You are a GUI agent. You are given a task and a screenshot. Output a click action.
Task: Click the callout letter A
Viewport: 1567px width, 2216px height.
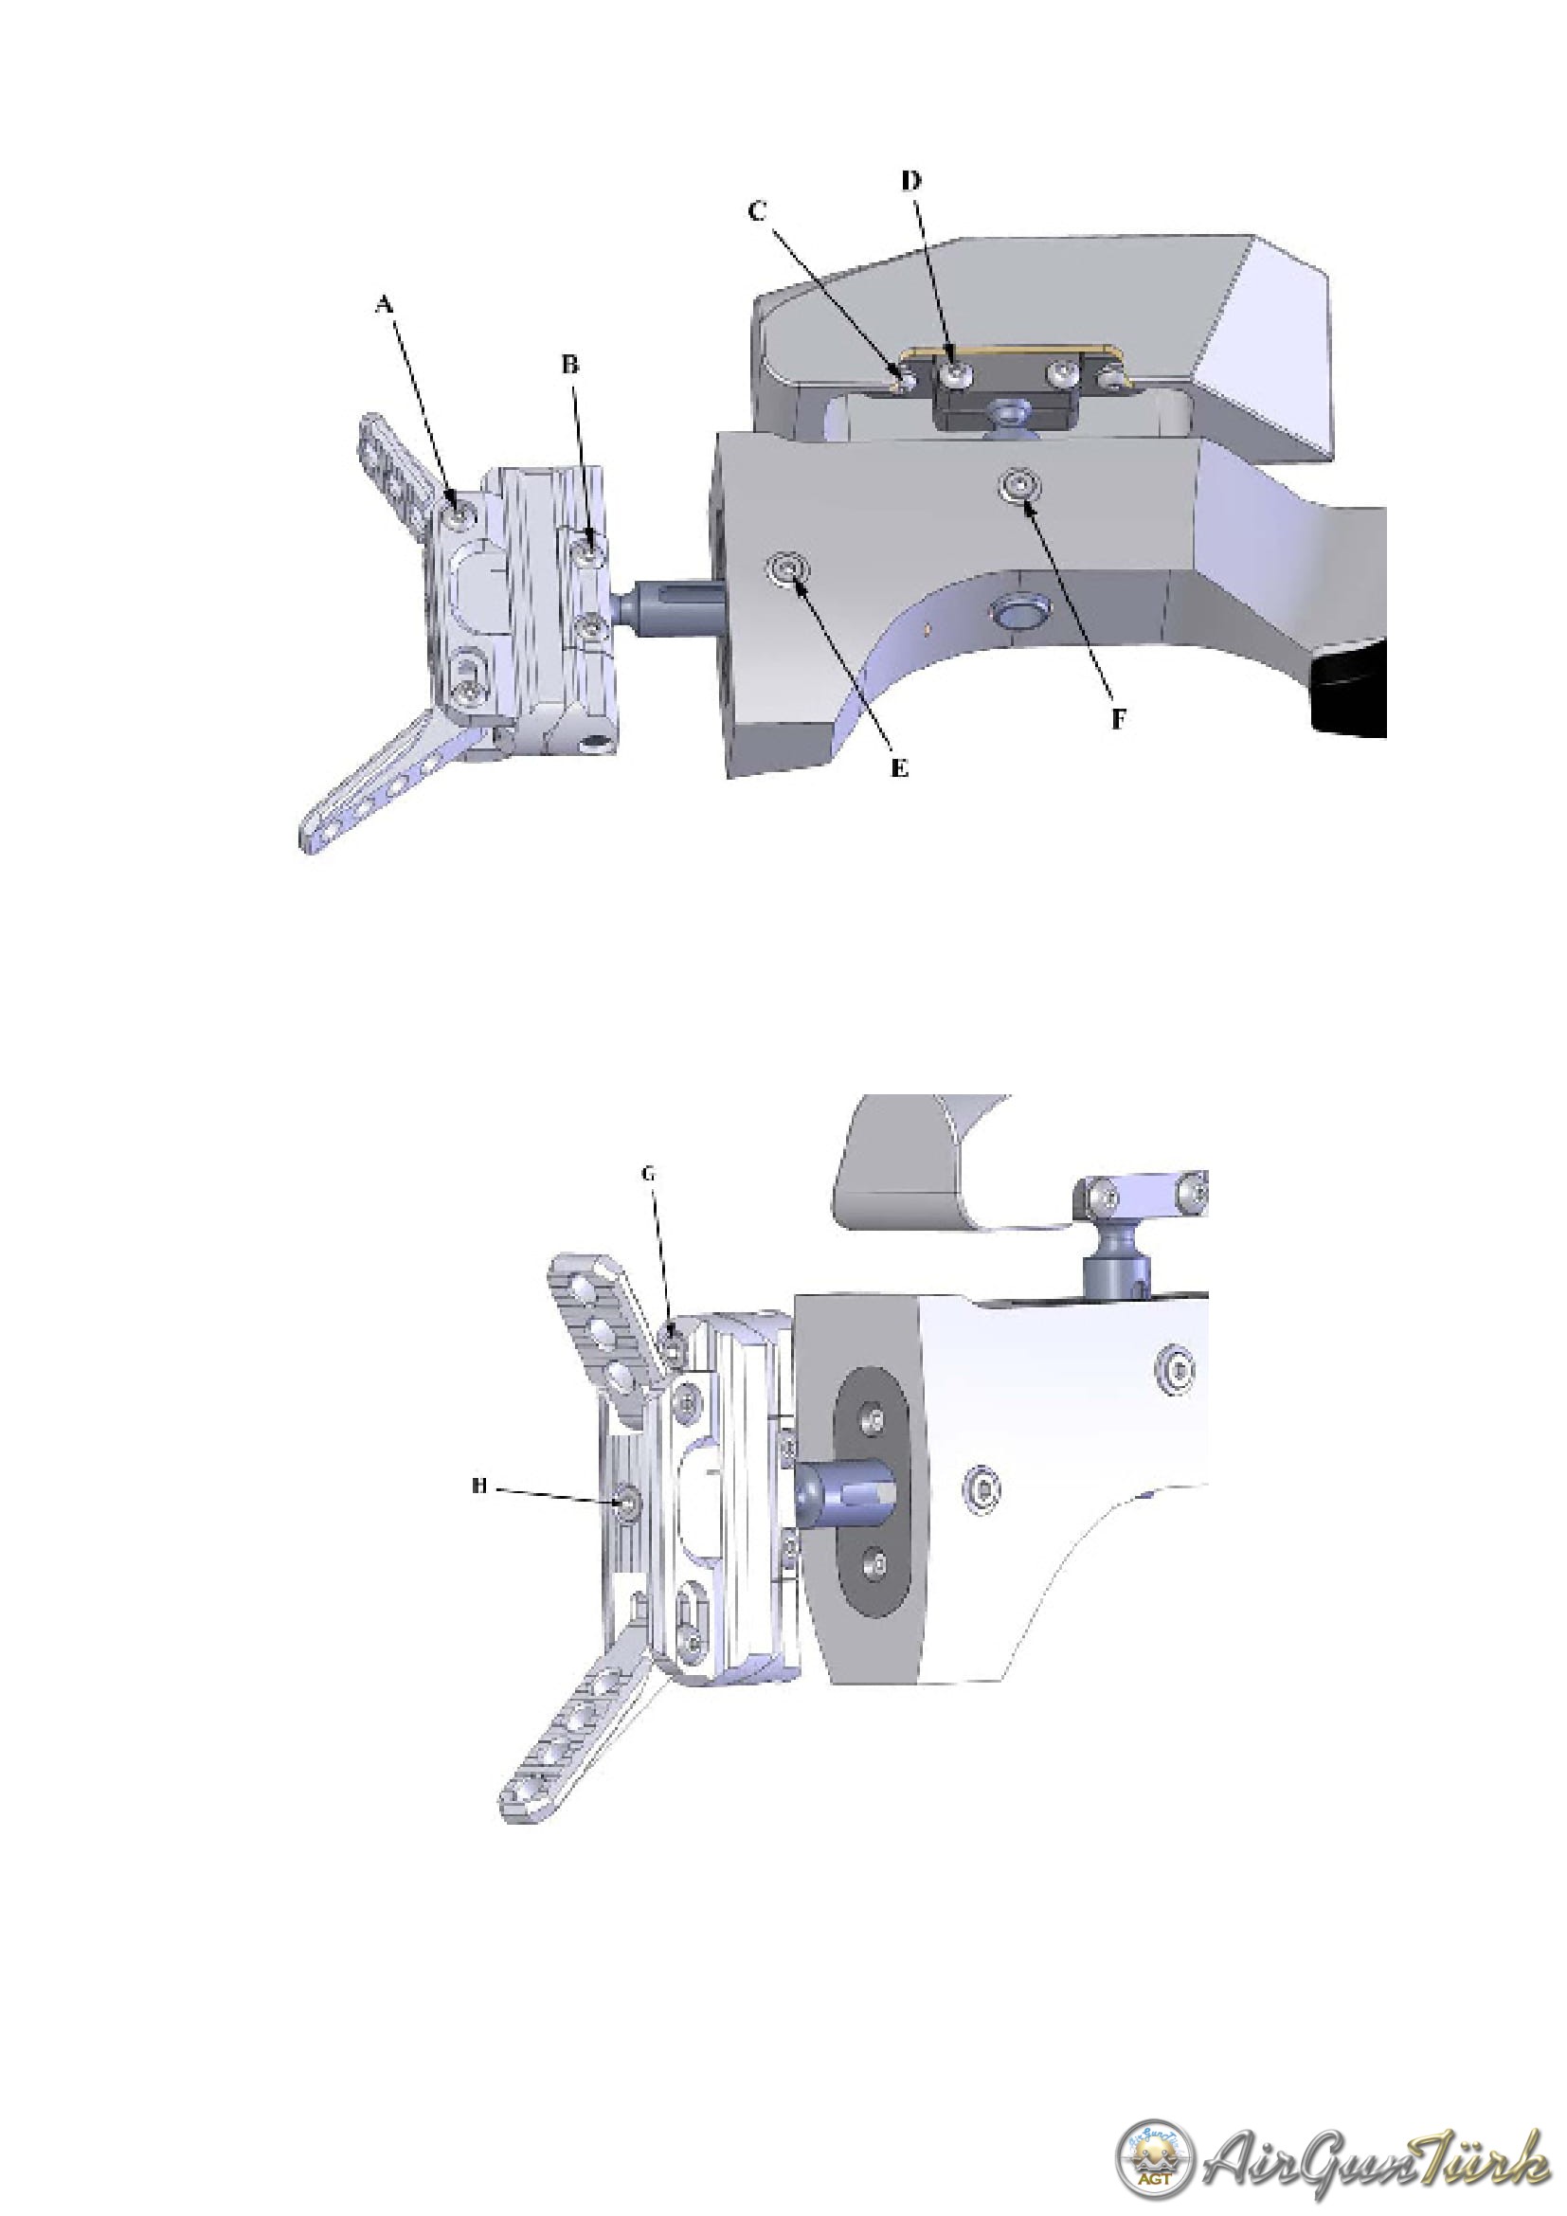(x=384, y=304)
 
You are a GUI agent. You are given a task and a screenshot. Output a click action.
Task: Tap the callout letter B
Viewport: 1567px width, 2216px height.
(x=570, y=365)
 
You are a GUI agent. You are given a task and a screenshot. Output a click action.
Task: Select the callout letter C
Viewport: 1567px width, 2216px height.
(x=758, y=211)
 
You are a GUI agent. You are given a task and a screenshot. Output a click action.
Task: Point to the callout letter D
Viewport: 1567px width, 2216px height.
(x=910, y=181)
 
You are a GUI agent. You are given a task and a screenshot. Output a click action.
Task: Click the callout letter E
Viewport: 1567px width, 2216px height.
(x=899, y=768)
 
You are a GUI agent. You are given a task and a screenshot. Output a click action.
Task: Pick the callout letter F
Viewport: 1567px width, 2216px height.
(x=1118, y=719)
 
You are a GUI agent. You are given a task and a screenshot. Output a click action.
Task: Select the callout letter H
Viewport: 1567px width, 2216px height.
(x=479, y=1486)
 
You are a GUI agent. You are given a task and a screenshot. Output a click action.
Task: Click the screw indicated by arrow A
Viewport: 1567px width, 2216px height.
(x=458, y=511)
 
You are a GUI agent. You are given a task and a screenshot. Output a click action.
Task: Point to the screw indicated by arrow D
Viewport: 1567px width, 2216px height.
(x=954, y=372)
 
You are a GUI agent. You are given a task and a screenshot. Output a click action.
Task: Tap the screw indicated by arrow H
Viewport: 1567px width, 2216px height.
(x=627, y=1502)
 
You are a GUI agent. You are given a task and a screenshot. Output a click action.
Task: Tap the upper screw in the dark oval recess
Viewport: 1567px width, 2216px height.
(x=874, y=1420)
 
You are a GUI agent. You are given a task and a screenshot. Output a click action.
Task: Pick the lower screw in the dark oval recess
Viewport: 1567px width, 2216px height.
(x=874, y=1560)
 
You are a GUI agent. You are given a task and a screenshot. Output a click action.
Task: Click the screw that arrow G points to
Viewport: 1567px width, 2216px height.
(x=675, y=1342)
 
